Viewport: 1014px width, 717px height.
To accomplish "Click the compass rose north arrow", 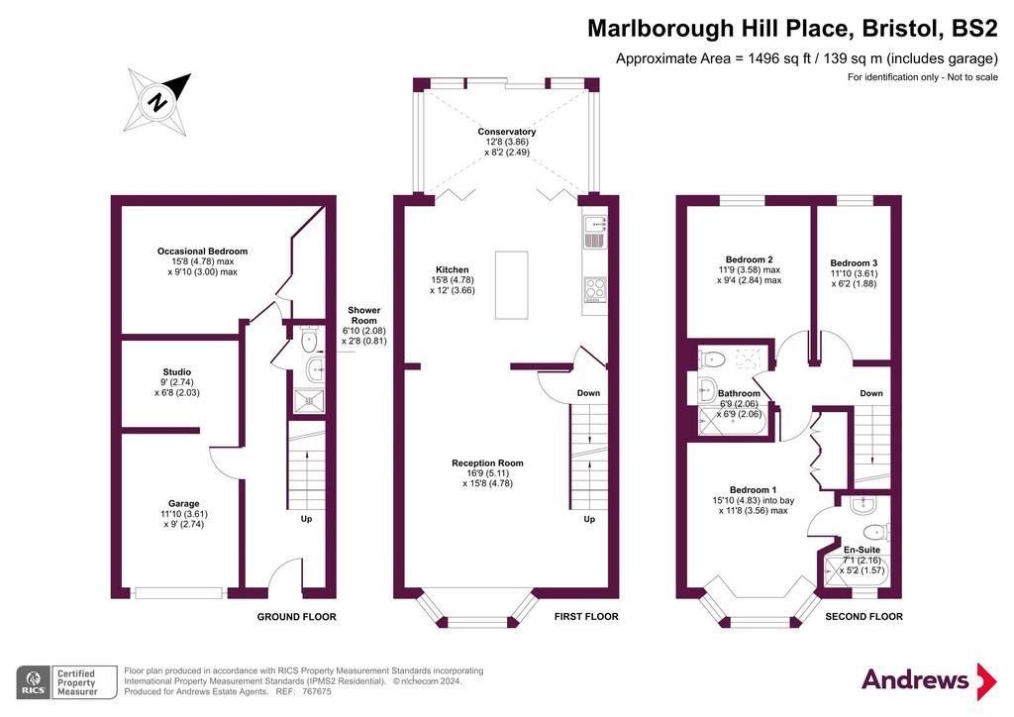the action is pos(157,102).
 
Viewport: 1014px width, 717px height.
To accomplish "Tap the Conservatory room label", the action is pos(507,132).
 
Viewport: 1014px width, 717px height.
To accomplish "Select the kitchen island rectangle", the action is pos(512,285).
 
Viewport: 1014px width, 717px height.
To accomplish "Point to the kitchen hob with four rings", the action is pos(595,289).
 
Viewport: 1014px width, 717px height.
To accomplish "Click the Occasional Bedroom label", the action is pos(202,252).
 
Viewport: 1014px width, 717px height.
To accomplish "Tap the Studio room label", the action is pos(177,372).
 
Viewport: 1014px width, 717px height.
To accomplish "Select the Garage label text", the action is pos(183,504).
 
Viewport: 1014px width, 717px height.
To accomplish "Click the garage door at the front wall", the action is pos(178,593).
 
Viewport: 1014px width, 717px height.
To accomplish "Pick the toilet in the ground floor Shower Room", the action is pos(309,338).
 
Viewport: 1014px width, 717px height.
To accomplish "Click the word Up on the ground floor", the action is pos(307,519).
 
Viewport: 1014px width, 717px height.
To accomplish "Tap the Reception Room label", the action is pos(487,462).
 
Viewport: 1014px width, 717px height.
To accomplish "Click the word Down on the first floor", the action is pos(588,393).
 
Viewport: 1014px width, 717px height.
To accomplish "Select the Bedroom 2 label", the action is pos(749,259).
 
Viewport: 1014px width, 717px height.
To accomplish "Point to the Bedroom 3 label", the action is pos(854,263).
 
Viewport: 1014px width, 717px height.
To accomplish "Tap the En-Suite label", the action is pos(862,550).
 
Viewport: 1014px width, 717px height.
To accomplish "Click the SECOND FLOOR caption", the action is pos(863,617).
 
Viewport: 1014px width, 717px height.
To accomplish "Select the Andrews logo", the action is pos(929,680).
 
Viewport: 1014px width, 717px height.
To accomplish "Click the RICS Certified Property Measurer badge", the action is pos(66,682).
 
